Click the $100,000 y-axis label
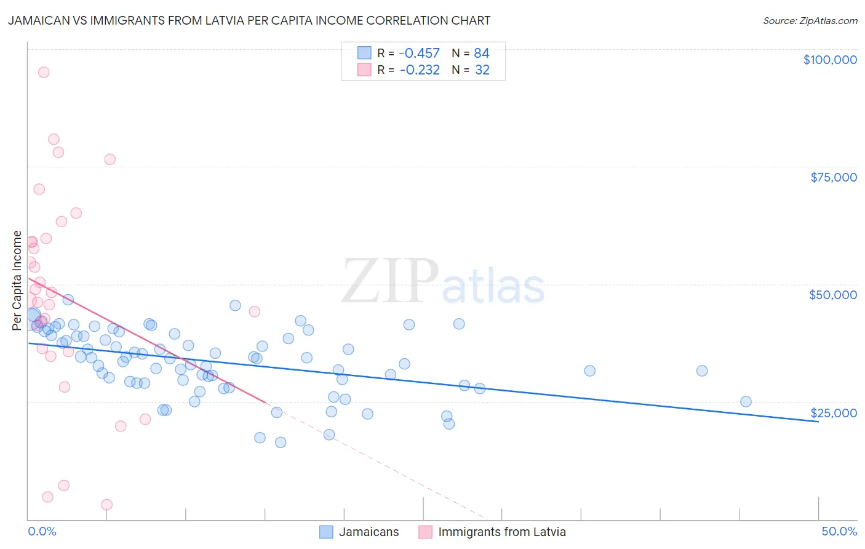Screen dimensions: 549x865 [x=830, y=60]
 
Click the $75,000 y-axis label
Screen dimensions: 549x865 [x=833, y=177]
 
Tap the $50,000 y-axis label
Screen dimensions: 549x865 [x=832, y=295]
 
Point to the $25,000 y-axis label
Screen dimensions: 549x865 [x=833, y=412]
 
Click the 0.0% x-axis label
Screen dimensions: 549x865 [x=42, y=531]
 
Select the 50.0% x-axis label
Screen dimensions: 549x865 [x=839, y=531]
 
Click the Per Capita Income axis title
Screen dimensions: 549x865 [x=17, y=281]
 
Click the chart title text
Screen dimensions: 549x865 [x=249, y=20]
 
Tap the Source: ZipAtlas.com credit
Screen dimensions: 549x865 [x=810, y=20]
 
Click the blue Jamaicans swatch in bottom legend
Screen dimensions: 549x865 [x=326, y=532]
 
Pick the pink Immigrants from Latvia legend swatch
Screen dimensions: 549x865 [x=425, y=532]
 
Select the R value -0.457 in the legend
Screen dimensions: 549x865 [x=420, y=53]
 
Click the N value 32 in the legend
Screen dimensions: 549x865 [x=482, y=70]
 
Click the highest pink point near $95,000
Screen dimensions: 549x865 [x=44, y=72]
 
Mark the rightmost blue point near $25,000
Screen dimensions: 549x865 [x=746, y=402]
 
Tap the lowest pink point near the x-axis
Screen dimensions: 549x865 [x=106, y=505]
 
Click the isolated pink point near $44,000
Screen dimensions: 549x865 [x=254, y=311]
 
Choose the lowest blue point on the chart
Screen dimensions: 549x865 [x=281, y=442]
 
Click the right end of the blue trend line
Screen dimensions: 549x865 [x=818, y=422]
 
